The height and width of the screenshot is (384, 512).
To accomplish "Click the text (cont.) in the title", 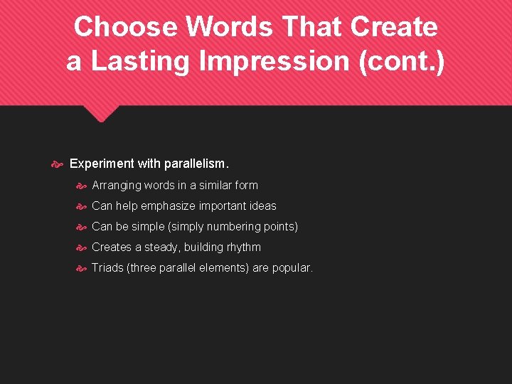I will [x=402, y=61].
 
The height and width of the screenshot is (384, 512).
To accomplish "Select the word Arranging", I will [x=117, y=186].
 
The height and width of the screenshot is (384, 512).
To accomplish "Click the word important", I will [x=226, y=206].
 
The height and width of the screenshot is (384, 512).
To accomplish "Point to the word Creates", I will [x=112, y=247].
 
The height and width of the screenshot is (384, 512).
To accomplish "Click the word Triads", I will [x=107, y=268].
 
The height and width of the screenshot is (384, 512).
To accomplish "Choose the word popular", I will [x=292, y=268].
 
